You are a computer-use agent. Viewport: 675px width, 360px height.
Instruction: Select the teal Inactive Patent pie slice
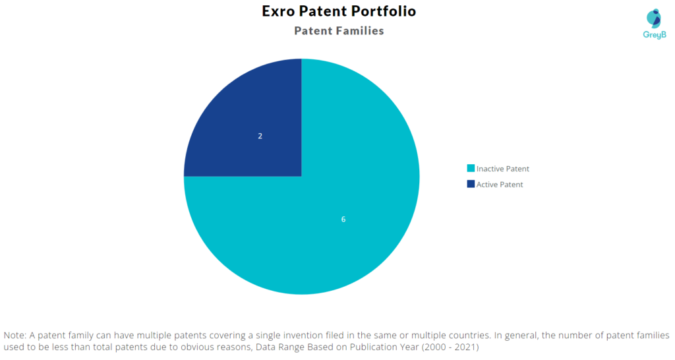pyautogui.click(x=327, y=216)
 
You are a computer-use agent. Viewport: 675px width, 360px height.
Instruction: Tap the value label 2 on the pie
pyautogui.click(x=260, y=136)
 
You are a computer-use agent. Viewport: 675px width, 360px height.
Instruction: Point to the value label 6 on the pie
pyautogui.click(x=343, y=219)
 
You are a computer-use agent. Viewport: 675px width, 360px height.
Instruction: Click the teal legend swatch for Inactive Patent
pyautogui.click(x=471, y=168)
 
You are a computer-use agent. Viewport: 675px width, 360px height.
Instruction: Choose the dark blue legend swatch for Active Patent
pyautogui.click(x=471, y=184)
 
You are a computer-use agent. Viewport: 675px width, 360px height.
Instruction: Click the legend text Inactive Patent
pyautogui.click(x=503, y=169)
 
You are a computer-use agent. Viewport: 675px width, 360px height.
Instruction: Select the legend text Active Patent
pyautogui.click(x=500, y=185)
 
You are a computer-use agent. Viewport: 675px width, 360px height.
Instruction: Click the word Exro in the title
pyautogui.click(x=278, y=11)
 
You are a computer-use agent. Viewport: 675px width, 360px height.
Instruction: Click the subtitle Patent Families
pyautogui.click(x=339, y=31)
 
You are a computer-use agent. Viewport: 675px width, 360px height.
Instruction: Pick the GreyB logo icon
pyautogui.click(x=654, y=18)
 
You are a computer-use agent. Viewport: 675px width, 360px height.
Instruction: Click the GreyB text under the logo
pyautogui.click(x=655, y=35)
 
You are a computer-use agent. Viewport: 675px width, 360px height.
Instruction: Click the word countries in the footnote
pyautogui.click(x=468, y=335)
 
